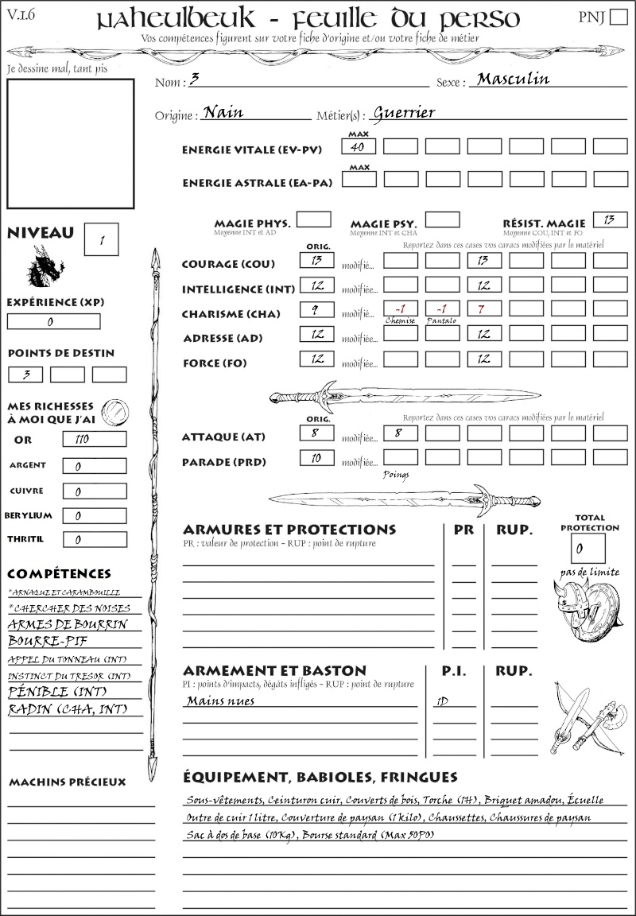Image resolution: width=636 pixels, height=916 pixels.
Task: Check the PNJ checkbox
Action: click(x=617, y=17)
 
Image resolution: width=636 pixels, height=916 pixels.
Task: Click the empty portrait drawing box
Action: click(x=70, y=143)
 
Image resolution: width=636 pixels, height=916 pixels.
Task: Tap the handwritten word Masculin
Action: click(x=513, y=79)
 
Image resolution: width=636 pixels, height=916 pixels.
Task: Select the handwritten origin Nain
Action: click(x=223, y=112)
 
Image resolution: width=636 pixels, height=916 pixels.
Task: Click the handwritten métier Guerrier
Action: click(x=404, y=112)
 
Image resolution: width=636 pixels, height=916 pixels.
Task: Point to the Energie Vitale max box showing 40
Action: click(x=359, y=146)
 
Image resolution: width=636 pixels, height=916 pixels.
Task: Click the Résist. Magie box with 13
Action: click(x=610, y=219)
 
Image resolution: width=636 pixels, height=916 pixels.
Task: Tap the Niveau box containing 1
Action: click(x=102, y=239)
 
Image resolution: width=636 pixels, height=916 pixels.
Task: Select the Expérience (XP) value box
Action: click(x=53, y=321)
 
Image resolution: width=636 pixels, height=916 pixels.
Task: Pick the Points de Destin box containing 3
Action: click(x=25, y=374)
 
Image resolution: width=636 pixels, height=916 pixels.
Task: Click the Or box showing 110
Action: click(x=94, y=439)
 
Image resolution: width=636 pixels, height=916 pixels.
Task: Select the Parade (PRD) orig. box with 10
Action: click(x=316, y=458)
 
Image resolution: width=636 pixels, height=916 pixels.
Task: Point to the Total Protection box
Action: click(x=588, y=548)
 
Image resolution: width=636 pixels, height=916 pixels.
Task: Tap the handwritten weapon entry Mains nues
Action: click(x=220, y=701)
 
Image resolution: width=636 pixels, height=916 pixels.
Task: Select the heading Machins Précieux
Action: click(x=67, y=782)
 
